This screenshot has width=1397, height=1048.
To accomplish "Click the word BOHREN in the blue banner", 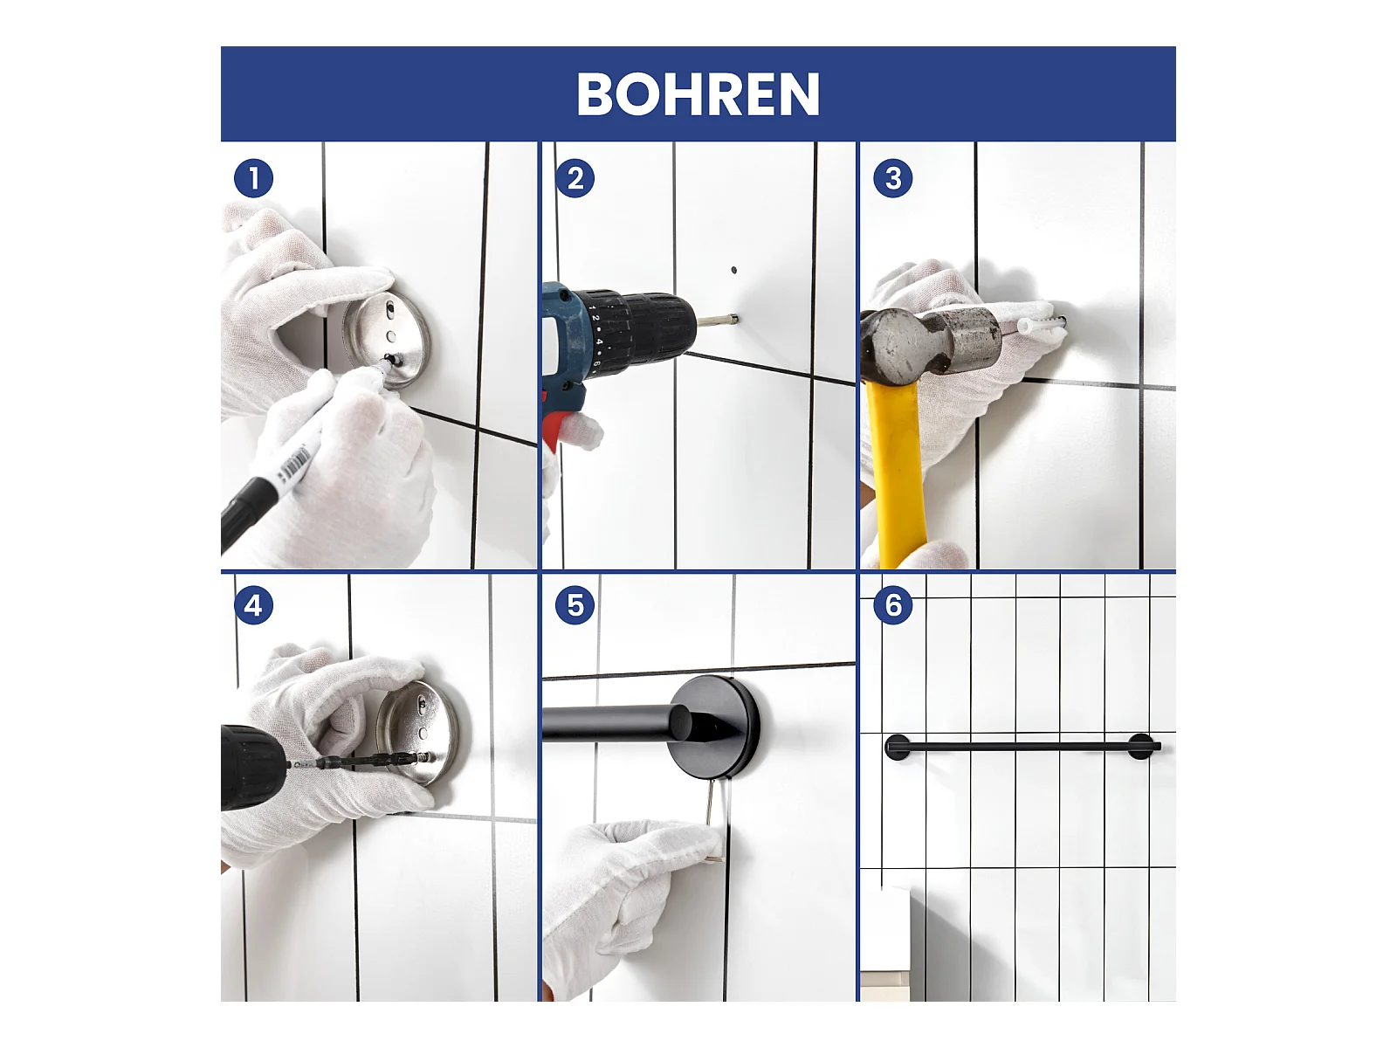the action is point(698,94).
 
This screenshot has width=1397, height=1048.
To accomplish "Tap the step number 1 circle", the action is point(253,178).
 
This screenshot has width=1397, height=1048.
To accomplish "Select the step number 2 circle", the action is point(575,178).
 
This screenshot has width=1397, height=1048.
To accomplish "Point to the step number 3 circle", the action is point(893,178).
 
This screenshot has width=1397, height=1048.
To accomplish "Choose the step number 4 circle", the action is point(253,605).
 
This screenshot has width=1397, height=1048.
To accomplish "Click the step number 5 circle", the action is point(575,605).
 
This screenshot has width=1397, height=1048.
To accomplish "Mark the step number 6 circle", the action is point(893,605).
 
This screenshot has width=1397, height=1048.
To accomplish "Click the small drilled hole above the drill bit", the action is point(733,271).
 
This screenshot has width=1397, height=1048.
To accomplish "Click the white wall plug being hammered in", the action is point(1041,325).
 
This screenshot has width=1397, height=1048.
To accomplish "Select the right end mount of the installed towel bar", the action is point(1142,747).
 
